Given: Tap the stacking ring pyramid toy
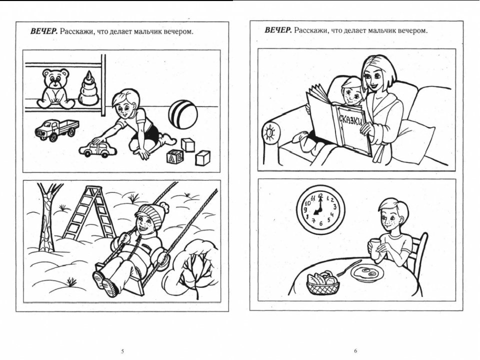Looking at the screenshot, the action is (88, 89).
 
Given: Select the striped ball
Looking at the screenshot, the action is (183, 114).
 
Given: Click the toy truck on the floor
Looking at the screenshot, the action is (56, 130).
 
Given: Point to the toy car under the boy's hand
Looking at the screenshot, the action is (98, 149).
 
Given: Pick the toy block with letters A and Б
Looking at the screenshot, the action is (175, 156).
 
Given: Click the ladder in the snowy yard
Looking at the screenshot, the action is (89, 212).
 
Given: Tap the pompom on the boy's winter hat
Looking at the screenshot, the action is (163, 207).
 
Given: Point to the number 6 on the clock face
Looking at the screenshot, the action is (320, 224).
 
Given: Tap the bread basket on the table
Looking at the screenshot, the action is (323, 283).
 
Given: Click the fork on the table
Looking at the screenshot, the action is (349, 268).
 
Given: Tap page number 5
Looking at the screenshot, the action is (122, 351).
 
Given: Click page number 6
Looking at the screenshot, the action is (355, 351).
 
